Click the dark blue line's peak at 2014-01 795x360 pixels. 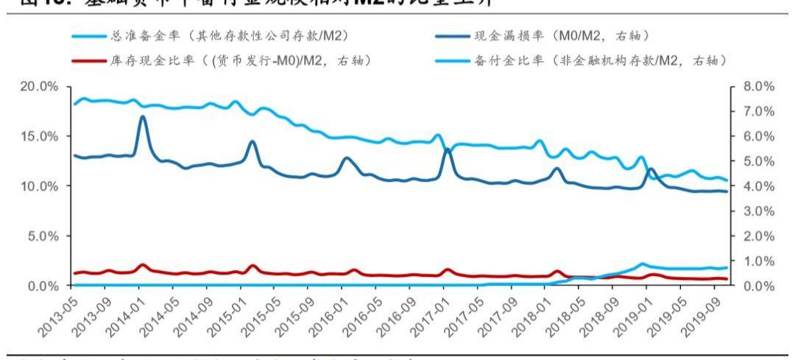(x=142, y=116)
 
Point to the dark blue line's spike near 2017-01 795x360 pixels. (x=447, y=149)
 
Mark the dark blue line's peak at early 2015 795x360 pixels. (x=252, y=141)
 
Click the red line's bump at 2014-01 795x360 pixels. (x=142, y=265)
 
